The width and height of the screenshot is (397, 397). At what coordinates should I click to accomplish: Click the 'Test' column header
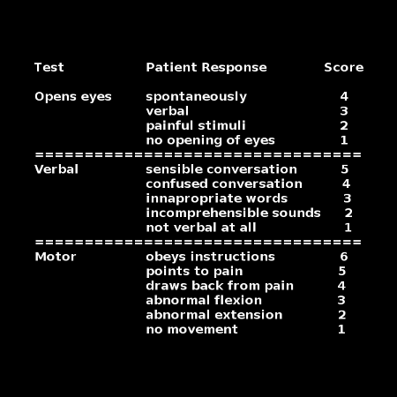click(49, 67)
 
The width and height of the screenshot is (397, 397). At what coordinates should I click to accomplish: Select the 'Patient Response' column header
click(206, 68)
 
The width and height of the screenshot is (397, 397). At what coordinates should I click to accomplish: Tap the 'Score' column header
click(344, 67)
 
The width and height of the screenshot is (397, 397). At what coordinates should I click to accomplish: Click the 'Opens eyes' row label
click(73, 97)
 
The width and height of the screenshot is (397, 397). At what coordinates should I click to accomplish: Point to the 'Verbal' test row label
click(56, 169)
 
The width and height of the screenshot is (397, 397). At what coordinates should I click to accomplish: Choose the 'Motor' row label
click(56, 257)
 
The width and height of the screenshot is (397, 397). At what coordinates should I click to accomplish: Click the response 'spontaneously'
click(196, 97)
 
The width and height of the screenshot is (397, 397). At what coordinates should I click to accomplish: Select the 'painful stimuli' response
click(196, 126)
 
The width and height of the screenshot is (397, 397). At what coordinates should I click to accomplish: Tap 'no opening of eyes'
click(210, 140)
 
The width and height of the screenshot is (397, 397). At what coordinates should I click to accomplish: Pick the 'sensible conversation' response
click(221, 169)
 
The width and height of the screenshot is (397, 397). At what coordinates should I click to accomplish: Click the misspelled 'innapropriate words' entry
click(217, 198)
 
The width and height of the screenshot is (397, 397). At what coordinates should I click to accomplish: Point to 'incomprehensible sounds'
click(233, 213)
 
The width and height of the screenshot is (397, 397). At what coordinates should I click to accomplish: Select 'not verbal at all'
click(201, 228)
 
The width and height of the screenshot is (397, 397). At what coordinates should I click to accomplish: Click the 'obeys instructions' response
click(210, 257)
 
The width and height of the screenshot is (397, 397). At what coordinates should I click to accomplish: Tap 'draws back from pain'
click(220, 286)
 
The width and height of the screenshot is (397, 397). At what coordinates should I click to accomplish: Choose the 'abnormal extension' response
click(214, 315)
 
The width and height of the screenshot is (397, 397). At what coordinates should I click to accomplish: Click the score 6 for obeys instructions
click(344, 257)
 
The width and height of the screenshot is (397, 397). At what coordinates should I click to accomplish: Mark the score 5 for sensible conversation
click(345, 169)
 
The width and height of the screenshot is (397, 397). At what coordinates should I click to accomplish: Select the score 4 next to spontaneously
click(344, 96)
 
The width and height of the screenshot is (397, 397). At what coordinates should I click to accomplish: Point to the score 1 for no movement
click(341, 329)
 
